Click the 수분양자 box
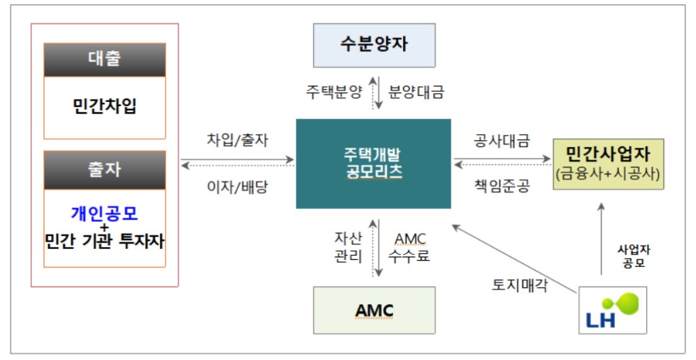tap(374, 45)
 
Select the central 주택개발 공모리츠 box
tap(373, 163)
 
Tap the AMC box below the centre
tap(374, 310)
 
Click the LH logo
tap(612, 310)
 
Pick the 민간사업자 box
tap(608, 164)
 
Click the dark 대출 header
tap(105, 59)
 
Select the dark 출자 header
tap(105, 170)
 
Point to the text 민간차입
tap(105, 106)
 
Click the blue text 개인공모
tap(105, 213)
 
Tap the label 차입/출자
tap(238, 140)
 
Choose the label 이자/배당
tap(238, 186)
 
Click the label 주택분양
tap(334, 92)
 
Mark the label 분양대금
tap(416, 92)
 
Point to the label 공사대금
tap(502, 141)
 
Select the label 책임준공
tap(502, 186)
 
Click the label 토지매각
tap(520, 284)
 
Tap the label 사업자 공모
tap(633, 257)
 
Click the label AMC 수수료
tap(409, 248)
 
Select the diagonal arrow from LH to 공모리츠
tap(515, 259)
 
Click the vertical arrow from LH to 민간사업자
tap(601, 238)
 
